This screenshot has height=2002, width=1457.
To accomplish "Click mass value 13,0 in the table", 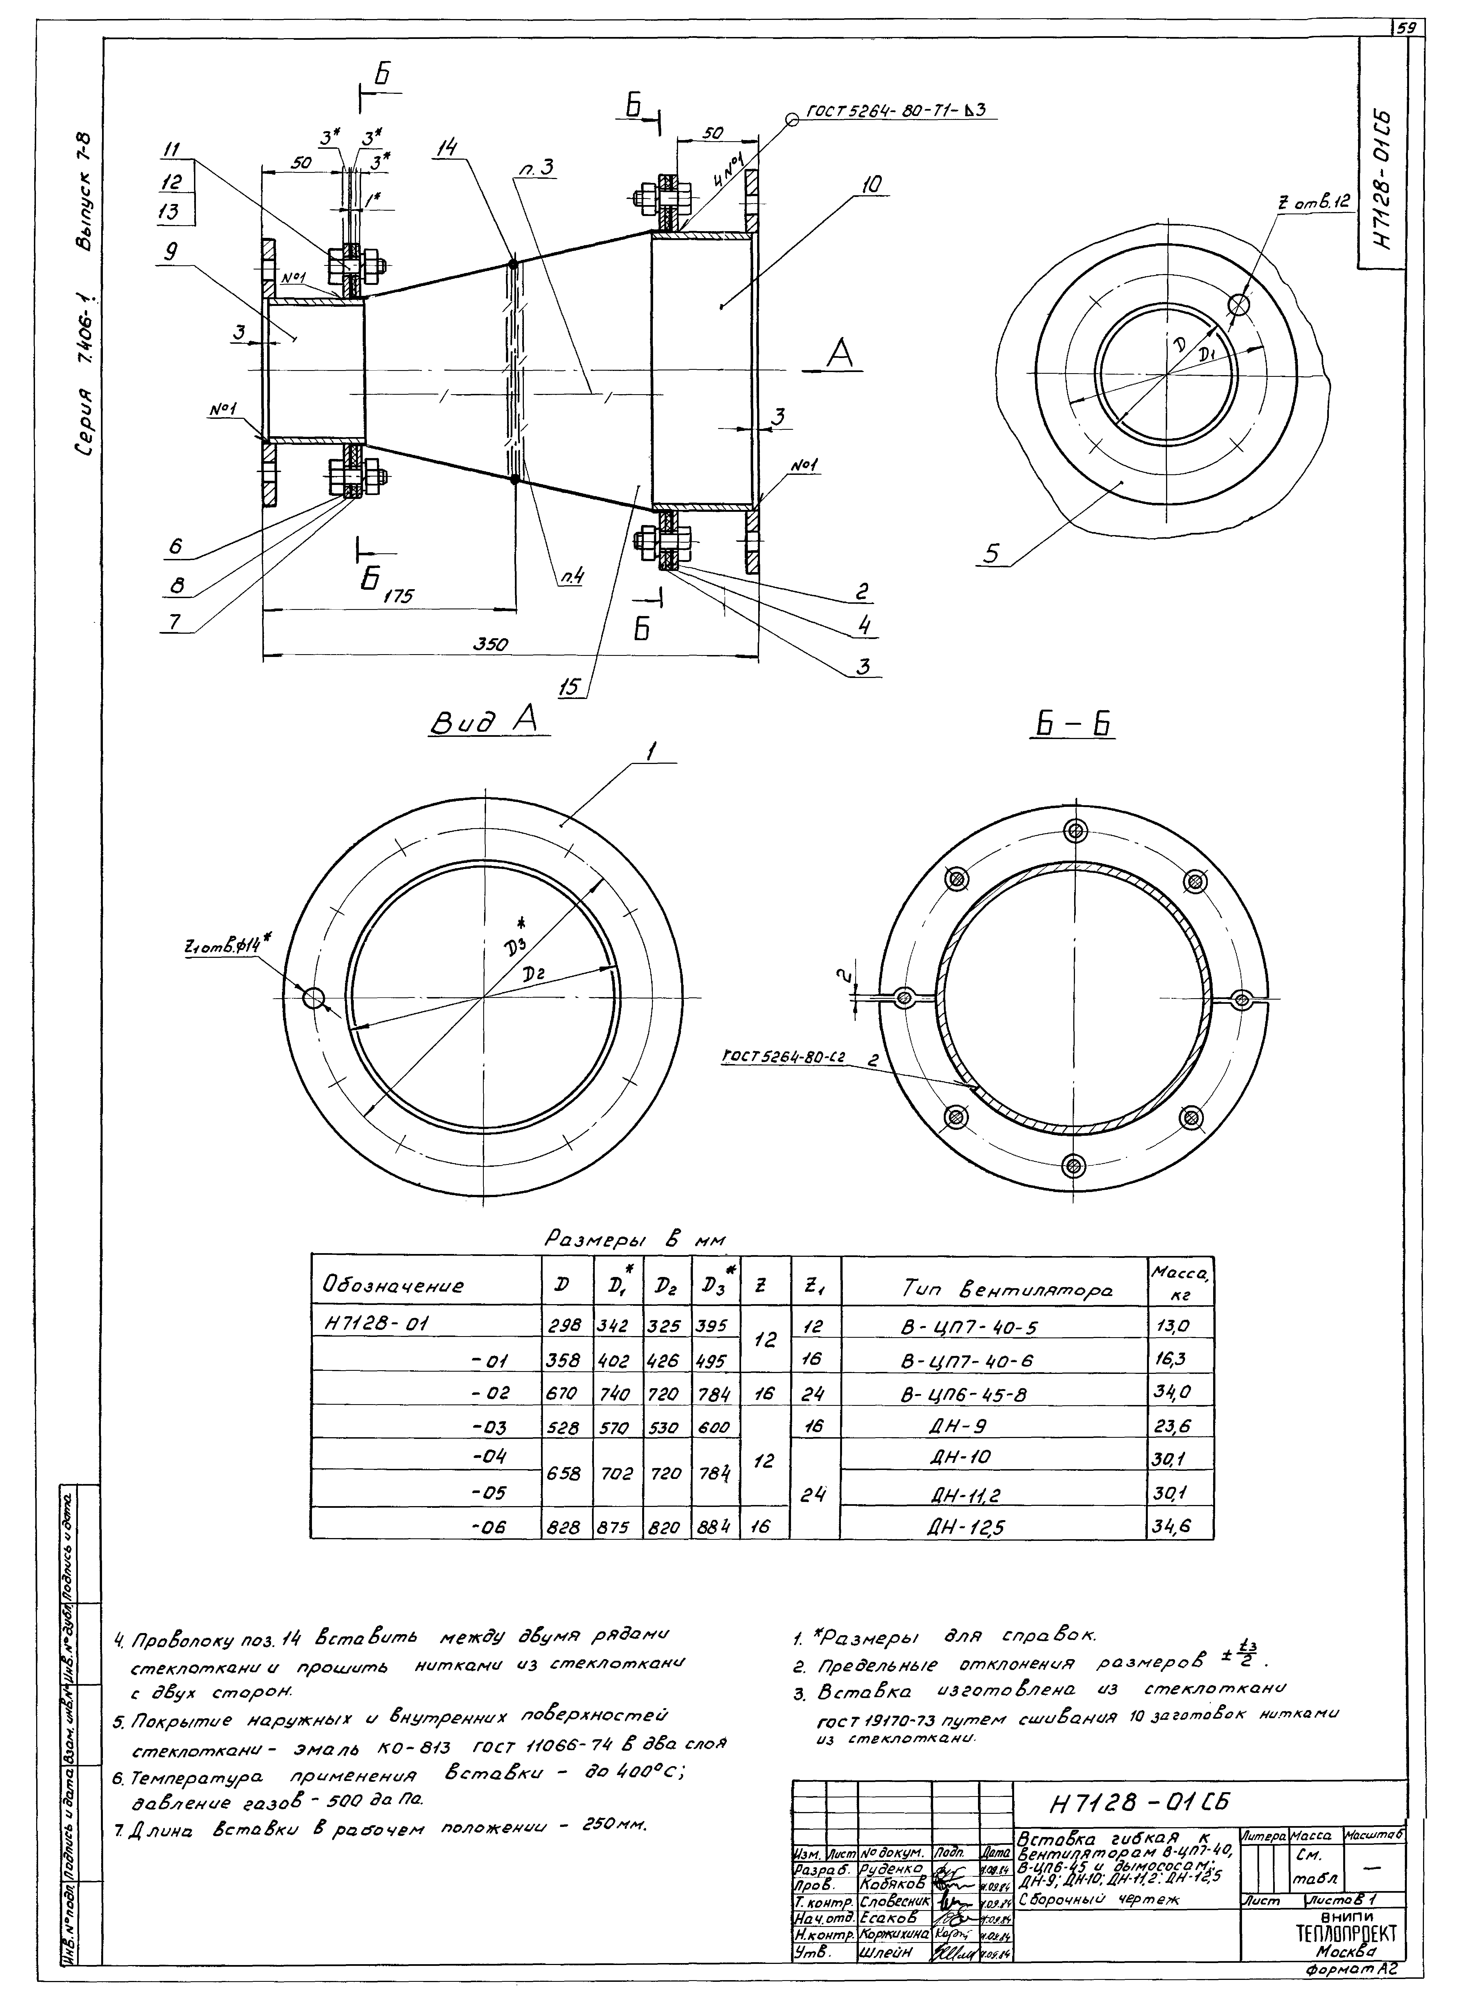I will [1172, 1326].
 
